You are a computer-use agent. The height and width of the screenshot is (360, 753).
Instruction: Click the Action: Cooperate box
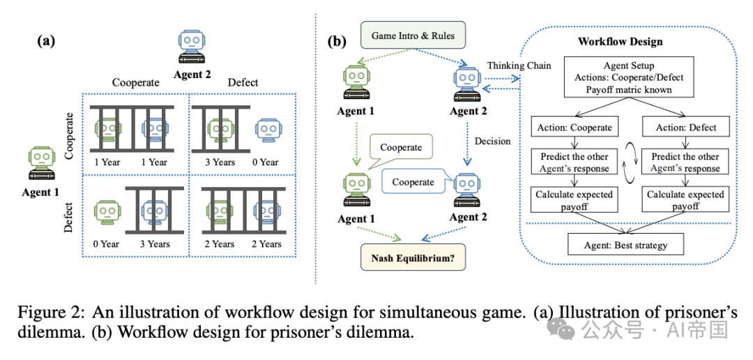point(575,128)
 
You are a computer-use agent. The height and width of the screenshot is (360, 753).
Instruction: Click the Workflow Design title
point(620,42)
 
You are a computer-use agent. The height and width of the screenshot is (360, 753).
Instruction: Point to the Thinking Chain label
point(519,66)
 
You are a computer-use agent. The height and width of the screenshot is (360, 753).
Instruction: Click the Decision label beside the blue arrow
point(492,141)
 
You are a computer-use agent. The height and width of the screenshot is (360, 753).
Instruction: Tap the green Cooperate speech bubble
point(401,147)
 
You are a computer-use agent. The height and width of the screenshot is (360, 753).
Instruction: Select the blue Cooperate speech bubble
point(412,182)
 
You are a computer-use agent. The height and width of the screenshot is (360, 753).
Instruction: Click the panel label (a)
point(46,40)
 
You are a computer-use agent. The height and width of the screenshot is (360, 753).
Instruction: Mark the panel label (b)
point(337,40)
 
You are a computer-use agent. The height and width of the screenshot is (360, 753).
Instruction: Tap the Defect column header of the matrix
point(243,82)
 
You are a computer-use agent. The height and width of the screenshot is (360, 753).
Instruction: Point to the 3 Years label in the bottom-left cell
point(154,244)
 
